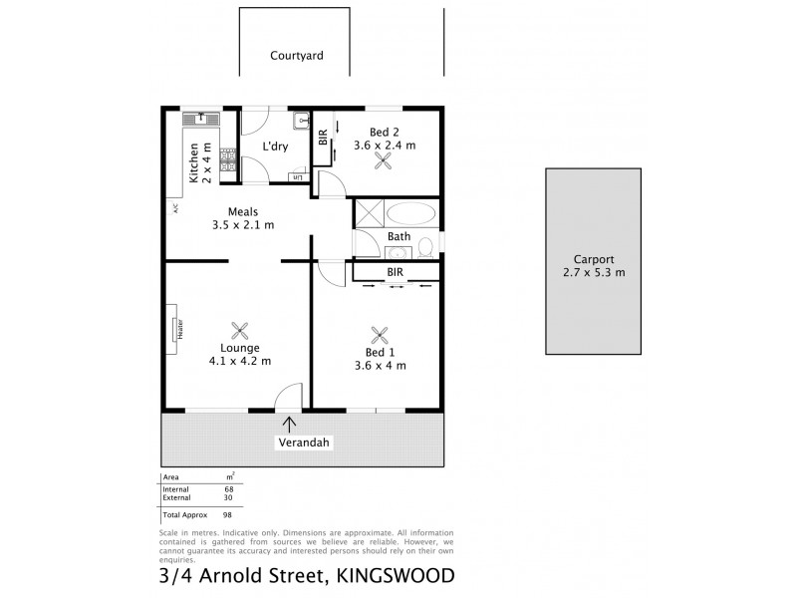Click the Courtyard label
(297, 57)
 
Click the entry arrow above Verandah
(289, 425)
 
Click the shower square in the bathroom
(370, 214)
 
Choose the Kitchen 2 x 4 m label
(200, 164)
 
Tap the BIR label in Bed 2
(322, 139)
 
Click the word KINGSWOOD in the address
(397, 575)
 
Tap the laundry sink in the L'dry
(300, 122)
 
